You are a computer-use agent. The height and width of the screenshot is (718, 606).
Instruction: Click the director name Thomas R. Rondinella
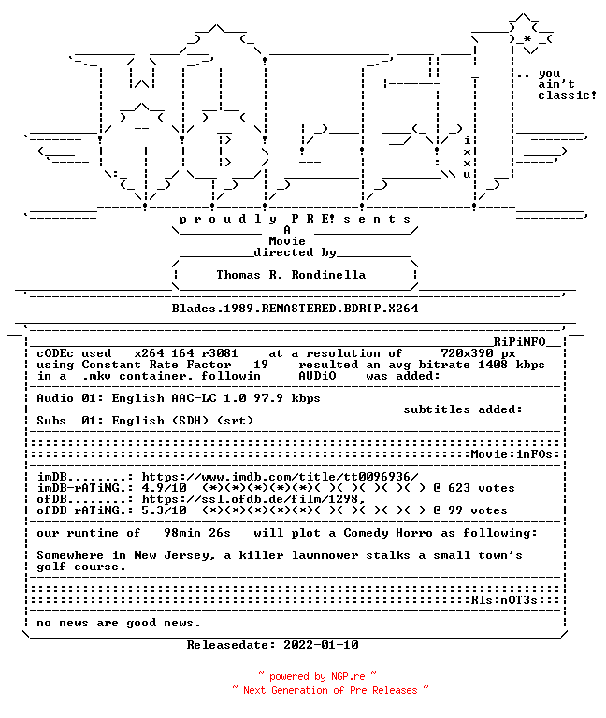(x=291, y=275)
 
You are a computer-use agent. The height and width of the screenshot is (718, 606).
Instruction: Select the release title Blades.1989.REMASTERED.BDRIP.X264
(x=295, y=309)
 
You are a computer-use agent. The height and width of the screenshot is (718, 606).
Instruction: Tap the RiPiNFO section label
(x=519, y=342)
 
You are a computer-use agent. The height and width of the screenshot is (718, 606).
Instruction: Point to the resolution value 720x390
(x=468, y=353)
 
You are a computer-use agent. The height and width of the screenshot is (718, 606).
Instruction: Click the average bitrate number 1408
(x=493, y=365)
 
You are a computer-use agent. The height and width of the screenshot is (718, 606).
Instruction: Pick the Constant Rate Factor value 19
(x=261, y=365)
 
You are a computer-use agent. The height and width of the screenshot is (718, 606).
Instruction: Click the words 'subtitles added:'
(x=463, y=409)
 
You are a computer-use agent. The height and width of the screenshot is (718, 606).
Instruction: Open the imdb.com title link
(x=280, y=477)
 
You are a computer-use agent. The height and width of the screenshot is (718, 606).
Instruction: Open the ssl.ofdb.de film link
(x=253, y=499)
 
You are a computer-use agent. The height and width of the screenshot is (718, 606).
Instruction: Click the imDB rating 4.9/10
(x=164, y=488)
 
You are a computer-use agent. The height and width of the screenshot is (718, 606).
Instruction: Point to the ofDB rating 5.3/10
(x=164, y=510)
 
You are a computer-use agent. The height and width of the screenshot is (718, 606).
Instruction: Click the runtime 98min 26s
(x=197, y=533)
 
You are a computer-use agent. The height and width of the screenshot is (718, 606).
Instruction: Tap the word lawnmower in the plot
(x=325, y=555)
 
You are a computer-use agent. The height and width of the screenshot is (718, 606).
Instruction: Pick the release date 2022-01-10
(x=321, y=645)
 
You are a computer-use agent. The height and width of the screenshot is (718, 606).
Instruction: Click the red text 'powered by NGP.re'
(x=317, y=676)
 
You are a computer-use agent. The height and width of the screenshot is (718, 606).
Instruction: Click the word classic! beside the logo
(x=567, y=95)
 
